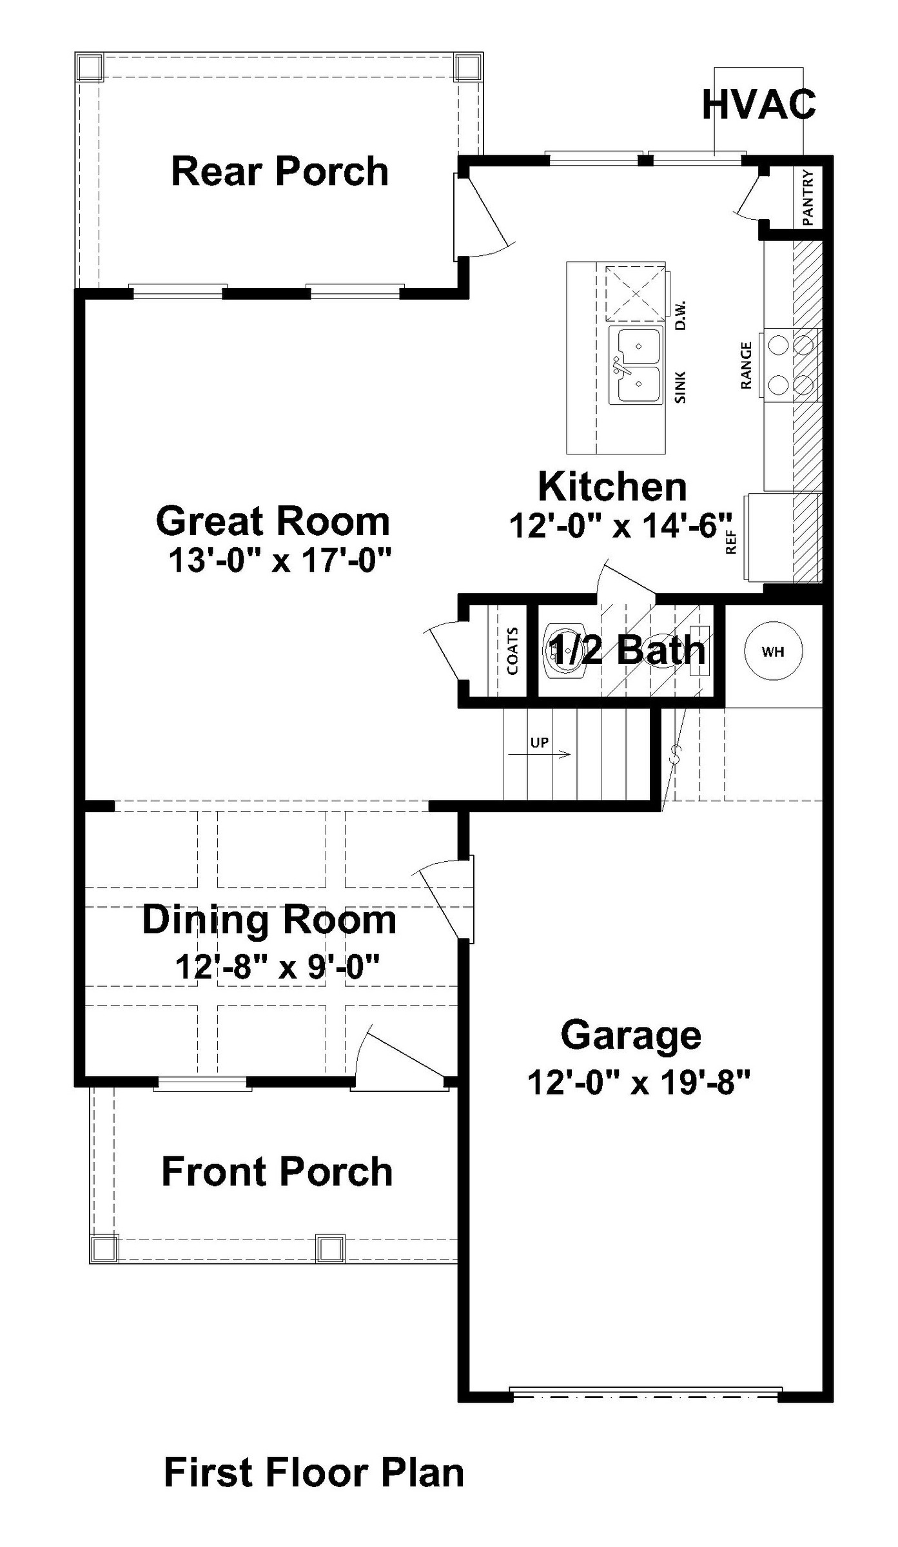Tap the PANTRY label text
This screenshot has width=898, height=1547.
808,197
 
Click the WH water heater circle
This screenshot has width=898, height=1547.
773,651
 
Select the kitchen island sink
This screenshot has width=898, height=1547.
636,365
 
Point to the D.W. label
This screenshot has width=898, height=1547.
681,315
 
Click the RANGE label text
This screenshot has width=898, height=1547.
747,365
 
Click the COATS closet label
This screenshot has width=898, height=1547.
513,651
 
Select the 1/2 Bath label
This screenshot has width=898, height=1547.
626,650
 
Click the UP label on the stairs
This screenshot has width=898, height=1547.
540,743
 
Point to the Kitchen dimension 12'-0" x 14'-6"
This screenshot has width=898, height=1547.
621,526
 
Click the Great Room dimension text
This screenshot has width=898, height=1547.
280,560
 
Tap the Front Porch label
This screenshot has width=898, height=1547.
277,1171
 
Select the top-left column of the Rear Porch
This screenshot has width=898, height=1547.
89,67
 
